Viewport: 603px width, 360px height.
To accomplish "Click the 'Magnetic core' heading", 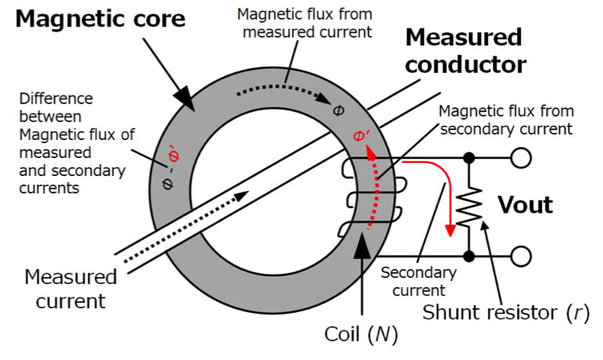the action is tap(100, 19).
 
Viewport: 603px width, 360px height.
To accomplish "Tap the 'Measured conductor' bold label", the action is tap(465, 50).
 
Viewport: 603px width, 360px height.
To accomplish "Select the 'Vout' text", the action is tap(526, 204).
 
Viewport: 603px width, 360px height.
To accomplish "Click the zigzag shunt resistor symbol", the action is tap(468, 207).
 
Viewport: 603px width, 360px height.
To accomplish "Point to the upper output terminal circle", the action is tap(521, 157).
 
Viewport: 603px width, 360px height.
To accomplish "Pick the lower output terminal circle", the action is tap(521, 256).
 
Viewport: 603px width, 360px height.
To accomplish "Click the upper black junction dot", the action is tap(468, 157).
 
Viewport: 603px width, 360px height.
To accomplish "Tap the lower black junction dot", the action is tap(468, 256).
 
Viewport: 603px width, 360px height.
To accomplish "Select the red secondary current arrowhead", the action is tap(450, 230).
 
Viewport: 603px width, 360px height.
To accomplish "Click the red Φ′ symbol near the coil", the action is tap(361, 135).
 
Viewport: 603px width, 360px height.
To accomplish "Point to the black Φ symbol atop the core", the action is tap(338, 111).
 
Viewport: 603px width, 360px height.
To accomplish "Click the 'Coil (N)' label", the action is tap(361, 334).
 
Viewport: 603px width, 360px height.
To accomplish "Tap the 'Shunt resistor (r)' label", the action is tap(506, 312).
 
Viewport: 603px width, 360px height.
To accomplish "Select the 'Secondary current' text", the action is tap(418, 281).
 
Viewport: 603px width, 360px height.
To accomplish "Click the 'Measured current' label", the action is tap(70, 289).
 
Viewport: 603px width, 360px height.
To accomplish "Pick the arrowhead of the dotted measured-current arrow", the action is tap(242, 196).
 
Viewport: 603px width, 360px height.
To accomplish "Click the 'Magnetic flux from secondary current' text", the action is tap(506, 120).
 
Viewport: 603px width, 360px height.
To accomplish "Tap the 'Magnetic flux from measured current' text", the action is tap(305, 23).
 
